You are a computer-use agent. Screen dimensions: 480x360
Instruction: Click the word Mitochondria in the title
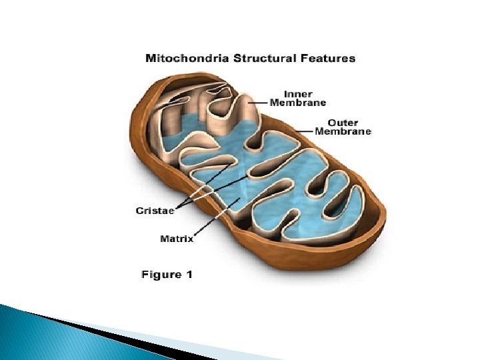pyautogui.click(x=179, y=58)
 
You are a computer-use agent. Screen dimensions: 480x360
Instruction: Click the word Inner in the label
pyautogui.click(x=297, y=94)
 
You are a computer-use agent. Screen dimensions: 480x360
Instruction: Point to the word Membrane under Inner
pyautogui.click(x=297, y=103)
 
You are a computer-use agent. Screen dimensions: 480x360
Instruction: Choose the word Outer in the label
pyautogui.click(x=343, y=123)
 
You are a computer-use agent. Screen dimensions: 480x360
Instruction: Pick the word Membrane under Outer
pyautogui.click(x=343, y=131)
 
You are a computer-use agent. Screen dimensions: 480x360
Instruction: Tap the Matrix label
pyautogui.click(x=177, y=238)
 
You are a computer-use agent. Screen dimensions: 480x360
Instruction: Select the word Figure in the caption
pyautogui.click(x=161, y=274)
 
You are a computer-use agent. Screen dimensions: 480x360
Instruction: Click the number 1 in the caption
pyautogui.click(x=189, y=273)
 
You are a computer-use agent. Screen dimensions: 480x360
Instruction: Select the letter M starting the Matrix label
pyautogui.click(x=164, y=238)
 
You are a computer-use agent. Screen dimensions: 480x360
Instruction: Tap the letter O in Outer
pyautogui.click(x=331, y=123)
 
